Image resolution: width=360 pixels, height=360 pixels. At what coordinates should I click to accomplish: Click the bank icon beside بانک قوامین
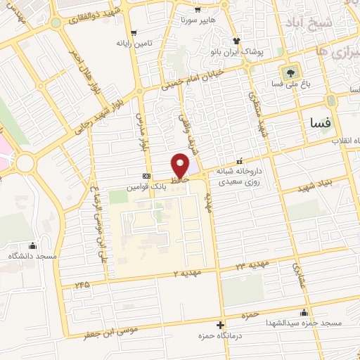click(x=146, y=176)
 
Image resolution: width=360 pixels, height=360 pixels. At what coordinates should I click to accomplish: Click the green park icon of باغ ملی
click(x=289, y=72)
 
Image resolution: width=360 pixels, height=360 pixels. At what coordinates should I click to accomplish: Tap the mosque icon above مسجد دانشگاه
click(x=32, y=245)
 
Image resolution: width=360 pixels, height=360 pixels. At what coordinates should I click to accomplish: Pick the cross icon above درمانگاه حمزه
click(x=221, y=325)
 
